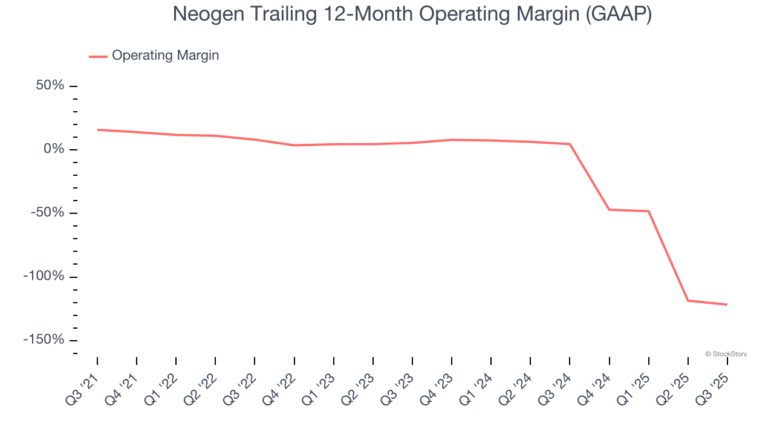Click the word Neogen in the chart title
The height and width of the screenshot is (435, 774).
tap(207, 14)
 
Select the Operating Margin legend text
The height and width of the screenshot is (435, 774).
tap(165, 56)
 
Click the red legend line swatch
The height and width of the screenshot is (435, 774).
tap(98, 56)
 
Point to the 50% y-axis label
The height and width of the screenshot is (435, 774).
tap(50, 85)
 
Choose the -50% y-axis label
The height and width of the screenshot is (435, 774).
tap(47, 213)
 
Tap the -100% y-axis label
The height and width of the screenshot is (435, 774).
tap(44, 276)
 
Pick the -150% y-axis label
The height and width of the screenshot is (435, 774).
tap(44, 340)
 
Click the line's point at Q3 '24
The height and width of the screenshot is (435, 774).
tap(570, 144)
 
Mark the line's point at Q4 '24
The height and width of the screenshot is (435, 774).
tap(609, 210)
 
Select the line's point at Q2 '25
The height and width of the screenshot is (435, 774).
tap(688, 300)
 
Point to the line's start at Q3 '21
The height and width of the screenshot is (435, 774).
tap(97, 129)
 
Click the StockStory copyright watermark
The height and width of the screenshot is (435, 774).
tap(726, 354)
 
